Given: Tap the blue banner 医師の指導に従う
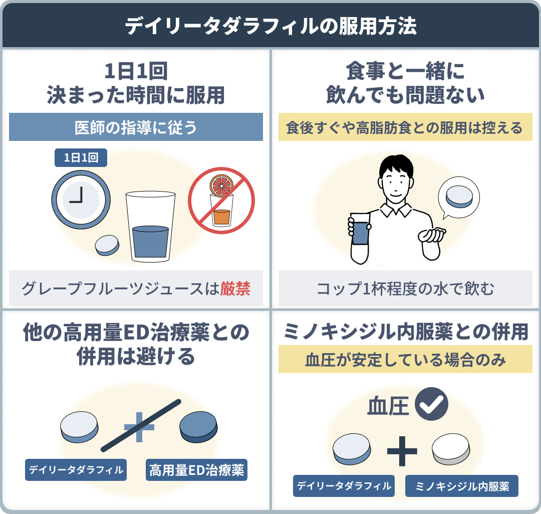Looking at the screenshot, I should coord(136,127).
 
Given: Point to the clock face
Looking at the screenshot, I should coord(80,196).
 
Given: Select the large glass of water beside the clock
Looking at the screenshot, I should coord(150,228).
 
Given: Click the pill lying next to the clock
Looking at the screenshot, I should coord(108,245).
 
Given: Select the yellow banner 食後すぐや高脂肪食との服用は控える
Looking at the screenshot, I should coord(405,127).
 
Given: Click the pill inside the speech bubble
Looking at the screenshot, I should coord(459,197).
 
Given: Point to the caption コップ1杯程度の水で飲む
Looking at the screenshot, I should coord(405,289).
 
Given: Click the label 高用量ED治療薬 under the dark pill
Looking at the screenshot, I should coord(196,470).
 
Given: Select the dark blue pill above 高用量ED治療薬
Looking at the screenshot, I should coord(198,426).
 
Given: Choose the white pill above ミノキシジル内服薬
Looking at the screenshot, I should coord(451,448).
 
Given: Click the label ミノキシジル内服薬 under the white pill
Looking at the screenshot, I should coord(461,486).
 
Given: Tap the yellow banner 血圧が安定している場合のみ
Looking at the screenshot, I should coord(405,361).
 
